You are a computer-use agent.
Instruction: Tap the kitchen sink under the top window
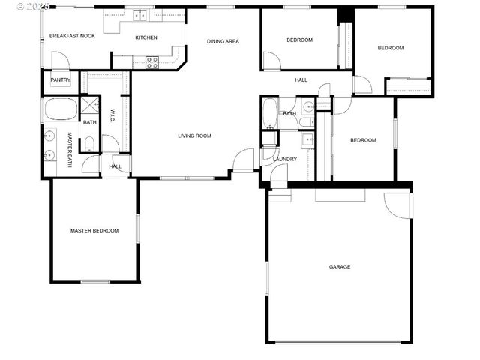coord(139,15)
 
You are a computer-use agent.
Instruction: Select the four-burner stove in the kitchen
coord(151,62)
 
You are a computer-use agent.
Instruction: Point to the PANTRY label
coord(60,79)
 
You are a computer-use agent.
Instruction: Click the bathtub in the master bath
coord(60,109)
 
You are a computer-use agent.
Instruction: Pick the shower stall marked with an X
coord(90,105)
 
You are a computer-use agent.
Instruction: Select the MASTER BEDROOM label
coord(94,231)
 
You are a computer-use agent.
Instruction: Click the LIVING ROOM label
coord(194,136)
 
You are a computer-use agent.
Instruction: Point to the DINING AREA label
coord(223,41)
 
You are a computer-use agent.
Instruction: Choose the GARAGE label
coord(339,267)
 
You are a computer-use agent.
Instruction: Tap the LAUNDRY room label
coord(285,159)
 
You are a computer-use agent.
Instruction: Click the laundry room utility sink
coord(307,139)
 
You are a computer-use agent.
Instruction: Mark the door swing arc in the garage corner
coord(396,204)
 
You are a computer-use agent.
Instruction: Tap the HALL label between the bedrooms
coord(301,80)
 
